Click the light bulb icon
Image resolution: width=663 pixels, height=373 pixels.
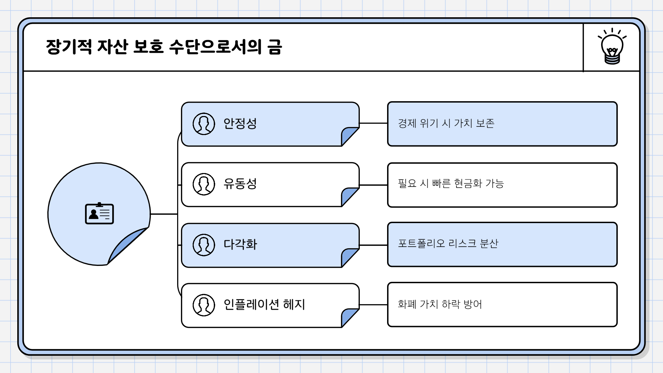pos(612,47)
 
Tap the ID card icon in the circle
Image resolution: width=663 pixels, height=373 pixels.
pos(99,214)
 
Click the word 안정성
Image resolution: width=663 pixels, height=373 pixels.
pos(240,124)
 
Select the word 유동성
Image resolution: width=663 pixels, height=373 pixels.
pos(240,184)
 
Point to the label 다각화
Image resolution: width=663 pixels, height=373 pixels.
pos(240,245)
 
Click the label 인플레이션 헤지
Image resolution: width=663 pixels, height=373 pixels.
pos(264,305)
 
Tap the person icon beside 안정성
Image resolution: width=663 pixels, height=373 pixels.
pos(204,124)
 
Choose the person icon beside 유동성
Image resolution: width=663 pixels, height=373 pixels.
pos(204,184)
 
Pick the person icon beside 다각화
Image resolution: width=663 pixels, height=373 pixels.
pos(204,245)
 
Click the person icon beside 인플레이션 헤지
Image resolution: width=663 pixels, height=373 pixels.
pos(204,305)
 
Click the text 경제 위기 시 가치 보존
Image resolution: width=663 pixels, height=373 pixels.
pos(446,123)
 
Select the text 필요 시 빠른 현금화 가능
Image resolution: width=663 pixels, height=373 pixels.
pos(451,183)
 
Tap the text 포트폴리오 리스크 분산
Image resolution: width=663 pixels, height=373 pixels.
pos(448,243)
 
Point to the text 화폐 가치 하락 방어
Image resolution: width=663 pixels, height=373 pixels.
pos(440,304)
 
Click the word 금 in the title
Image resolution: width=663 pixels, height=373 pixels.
pos(275,47)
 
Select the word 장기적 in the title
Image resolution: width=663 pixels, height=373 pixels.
pos(69,47)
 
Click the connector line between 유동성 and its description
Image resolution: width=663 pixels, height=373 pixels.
pos(373,185)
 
